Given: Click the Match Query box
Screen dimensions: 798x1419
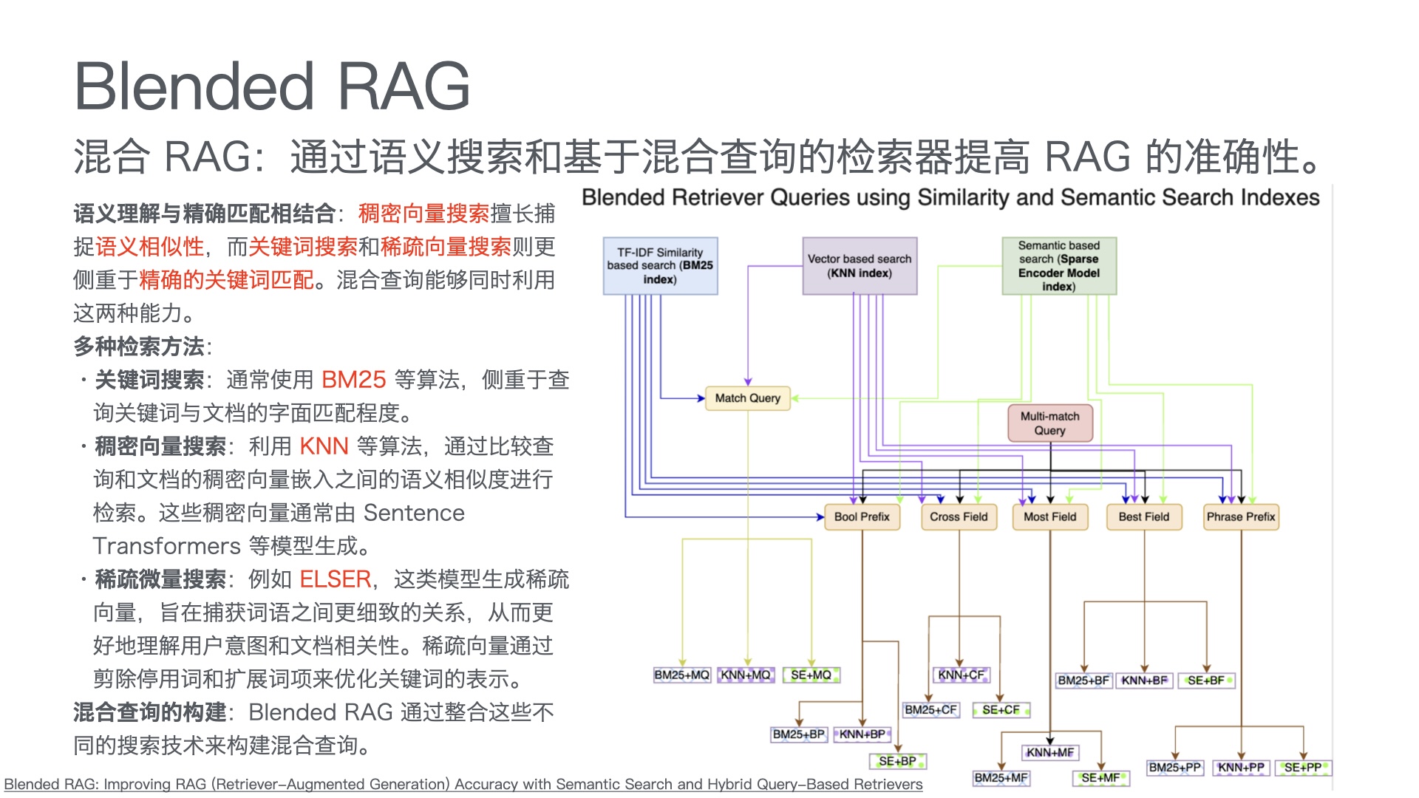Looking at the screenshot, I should [747, 398].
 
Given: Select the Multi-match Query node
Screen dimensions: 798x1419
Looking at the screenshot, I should [1049, 423].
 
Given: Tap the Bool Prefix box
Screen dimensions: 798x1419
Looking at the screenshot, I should [862, 517].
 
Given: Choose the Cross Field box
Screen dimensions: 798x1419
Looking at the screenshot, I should [959, 517].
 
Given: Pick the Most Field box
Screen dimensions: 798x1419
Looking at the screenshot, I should [1049, 517].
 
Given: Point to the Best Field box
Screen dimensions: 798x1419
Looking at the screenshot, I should [1143, 517].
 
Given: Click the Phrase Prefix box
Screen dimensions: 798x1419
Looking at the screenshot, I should [1241, 517].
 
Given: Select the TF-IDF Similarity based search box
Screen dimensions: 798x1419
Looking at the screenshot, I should [660, 266].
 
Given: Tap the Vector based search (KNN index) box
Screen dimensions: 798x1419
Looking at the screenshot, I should [860, 266].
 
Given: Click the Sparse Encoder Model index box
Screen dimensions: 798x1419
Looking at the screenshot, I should [1059, 266].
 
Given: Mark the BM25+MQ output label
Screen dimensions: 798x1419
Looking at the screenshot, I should [681, 675].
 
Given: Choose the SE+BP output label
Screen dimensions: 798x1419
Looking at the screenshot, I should [897, 761].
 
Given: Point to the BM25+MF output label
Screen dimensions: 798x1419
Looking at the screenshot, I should [1001, 778].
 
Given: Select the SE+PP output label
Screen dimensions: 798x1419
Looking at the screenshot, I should [1303, 768].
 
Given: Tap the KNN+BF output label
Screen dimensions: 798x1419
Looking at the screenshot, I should [1144, 681].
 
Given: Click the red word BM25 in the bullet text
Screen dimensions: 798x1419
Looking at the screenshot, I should [353, 380].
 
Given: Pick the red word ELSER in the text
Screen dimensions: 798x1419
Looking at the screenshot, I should [335, 579].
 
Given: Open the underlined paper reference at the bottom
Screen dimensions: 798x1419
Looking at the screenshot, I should [463, 784].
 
